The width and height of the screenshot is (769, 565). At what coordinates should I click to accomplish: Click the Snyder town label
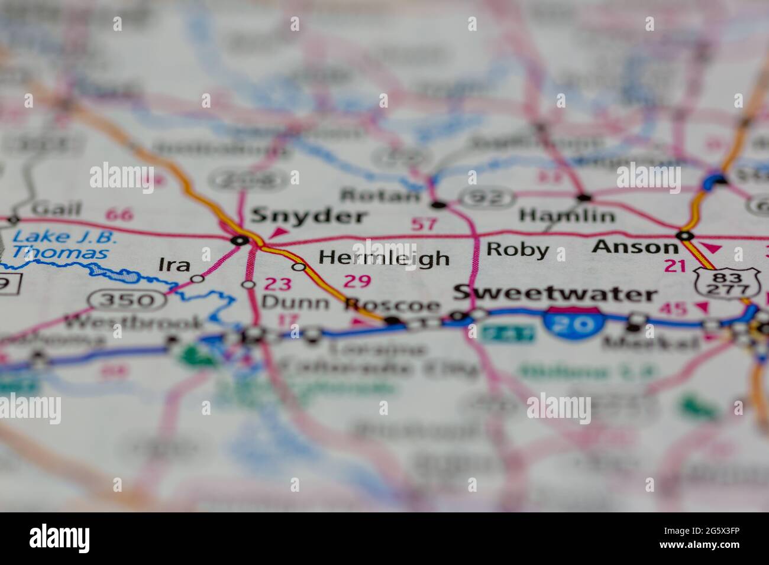click(x=309, y=216)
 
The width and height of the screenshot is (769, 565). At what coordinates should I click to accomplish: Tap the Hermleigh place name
click(x=384, y=258)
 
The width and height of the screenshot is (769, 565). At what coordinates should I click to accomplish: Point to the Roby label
click(x=517, y=249)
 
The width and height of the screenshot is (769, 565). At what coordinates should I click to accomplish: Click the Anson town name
click(x=635, y=246)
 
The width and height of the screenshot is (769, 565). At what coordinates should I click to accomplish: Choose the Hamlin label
click(x=567, y=216)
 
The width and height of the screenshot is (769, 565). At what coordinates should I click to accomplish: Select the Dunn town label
click(x=295, y=303)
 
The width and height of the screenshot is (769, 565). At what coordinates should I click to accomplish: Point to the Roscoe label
click(x=393, y=305)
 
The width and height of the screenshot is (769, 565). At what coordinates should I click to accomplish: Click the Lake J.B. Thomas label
click(x=64, y=245)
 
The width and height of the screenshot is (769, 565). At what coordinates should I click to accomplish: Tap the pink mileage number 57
click(x=424, y=224)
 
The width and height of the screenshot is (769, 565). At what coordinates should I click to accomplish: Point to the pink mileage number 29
click(x=357, y=281)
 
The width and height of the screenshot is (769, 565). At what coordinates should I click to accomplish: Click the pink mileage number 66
click(x=120, y=214)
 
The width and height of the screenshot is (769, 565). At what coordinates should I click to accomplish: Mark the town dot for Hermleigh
click(x=299, y=267)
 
